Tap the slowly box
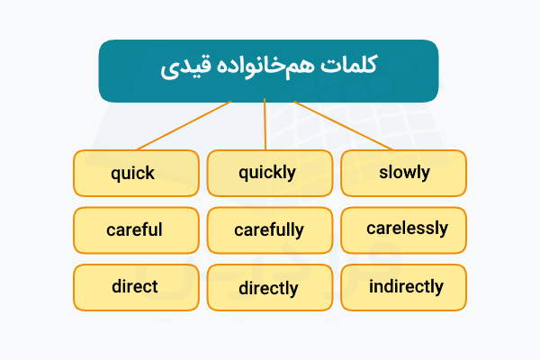pos(403,173)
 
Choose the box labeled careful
pos(135,230)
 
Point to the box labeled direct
pos(135,288)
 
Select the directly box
pos(267,289)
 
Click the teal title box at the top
pos(268,69)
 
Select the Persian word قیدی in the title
pos(186,69)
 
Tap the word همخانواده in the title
pos(267,67)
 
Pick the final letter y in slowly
pos(425,175)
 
